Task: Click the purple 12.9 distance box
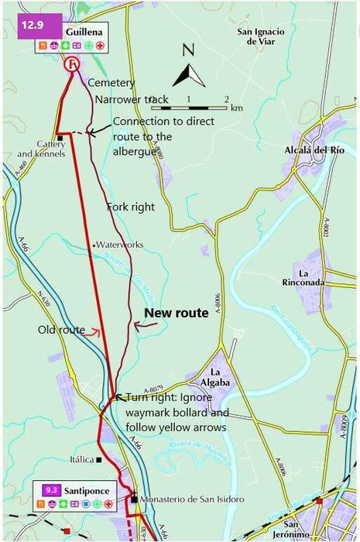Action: tap(32, 24)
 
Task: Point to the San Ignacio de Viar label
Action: tap(261, 36)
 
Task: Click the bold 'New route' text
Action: tap(177, 313)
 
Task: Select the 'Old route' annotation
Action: tap(61, 330)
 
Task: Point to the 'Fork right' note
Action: tap(130, 207)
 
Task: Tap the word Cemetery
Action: tap(111, 83)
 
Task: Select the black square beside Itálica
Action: tap(99, 460)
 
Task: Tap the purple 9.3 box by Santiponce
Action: tap(52, 490)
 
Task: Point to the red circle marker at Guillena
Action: tap(72, 64)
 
